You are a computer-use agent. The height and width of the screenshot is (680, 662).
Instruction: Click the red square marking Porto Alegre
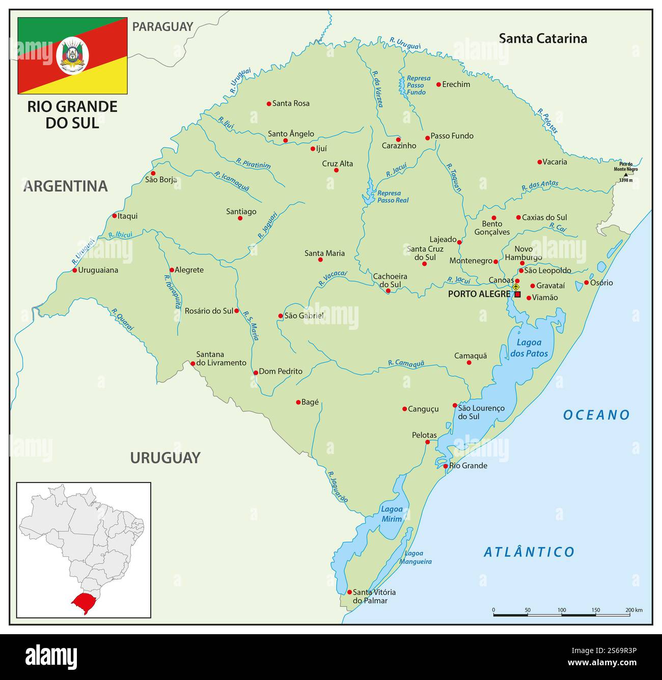tap(517, 294)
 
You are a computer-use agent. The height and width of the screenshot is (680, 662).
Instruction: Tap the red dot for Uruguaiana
tap(74, 270)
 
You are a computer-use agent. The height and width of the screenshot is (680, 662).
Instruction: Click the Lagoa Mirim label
tap(392, 514)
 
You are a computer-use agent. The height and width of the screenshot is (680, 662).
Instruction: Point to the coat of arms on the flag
tap(73, 56)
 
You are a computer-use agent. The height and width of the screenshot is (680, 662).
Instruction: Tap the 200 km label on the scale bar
tap(633, 610)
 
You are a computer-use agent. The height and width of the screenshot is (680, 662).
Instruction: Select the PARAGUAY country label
tap(162, 26)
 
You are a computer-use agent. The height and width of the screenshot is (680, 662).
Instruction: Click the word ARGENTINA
tap(66, 186)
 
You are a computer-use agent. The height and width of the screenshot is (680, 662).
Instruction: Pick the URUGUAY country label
tap(165, 458)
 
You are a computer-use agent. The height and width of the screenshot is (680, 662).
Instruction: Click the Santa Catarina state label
tap(543, 38)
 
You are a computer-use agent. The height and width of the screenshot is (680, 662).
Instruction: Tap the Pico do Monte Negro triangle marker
tap(625, 174)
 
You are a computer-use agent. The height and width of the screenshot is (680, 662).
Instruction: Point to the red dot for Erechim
tap(438, 84)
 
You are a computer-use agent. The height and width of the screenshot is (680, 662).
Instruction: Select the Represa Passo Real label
tap(393, 196)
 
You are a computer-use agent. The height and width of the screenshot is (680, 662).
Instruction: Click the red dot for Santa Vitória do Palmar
tap(349, 592)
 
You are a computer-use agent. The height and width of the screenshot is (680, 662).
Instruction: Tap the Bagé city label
tap(310, 402)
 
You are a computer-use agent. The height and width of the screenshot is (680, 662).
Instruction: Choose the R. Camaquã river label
tap(406, 363)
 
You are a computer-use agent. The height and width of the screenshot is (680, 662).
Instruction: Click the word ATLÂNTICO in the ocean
tap(529, 552)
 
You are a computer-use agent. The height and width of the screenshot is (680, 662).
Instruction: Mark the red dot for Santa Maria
tap(320, 260)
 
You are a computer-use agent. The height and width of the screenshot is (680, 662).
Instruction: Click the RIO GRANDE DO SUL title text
tap(72, 114)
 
